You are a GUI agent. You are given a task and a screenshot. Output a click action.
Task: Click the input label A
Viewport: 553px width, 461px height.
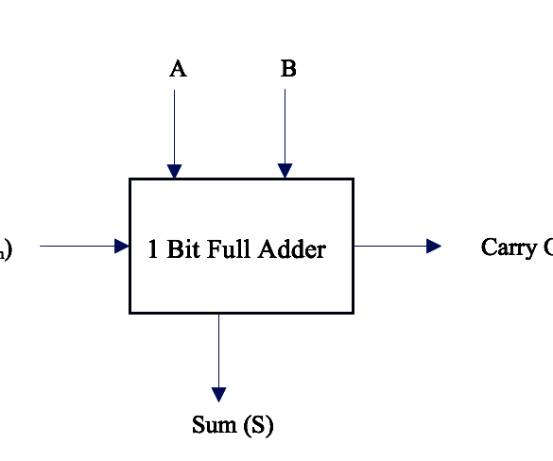(178, 69)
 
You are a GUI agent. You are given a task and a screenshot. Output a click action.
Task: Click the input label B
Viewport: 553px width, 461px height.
(288, 69)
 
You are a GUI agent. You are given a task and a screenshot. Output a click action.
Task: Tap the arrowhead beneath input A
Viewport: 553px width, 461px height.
(174, 171)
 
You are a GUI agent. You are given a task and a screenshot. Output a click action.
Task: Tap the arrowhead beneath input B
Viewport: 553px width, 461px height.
(285, 171)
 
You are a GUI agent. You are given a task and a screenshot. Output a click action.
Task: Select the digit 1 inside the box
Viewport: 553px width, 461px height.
(154, 249)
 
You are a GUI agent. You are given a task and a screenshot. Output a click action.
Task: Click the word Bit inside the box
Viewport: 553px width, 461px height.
(183, 249)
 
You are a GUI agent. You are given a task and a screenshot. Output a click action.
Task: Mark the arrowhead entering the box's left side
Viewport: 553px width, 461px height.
(121, 247)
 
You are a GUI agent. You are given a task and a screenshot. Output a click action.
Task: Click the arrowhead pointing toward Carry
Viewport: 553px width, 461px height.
(434, 247)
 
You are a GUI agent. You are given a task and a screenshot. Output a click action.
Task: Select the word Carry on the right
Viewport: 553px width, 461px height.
(509, 248)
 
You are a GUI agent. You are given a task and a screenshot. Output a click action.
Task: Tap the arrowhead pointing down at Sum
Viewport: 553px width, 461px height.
(218, 394)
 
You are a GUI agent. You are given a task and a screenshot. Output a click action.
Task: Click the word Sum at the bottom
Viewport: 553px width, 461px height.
(215, 425)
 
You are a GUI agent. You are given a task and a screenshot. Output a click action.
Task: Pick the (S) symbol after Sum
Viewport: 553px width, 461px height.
(257, 426)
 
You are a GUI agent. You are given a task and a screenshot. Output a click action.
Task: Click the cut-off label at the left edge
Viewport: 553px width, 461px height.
(6, 250)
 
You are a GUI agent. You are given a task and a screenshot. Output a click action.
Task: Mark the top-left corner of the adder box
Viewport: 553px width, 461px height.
(130, 179)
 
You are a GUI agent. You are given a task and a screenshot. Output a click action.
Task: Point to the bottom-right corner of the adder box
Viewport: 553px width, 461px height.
(353, 312)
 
